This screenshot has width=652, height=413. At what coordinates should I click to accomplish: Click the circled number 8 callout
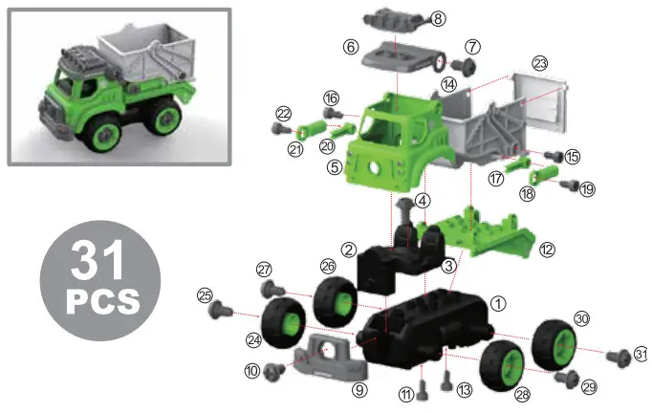438,18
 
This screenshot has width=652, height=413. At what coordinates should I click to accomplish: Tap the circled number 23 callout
540,63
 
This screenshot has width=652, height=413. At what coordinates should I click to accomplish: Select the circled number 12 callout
548,250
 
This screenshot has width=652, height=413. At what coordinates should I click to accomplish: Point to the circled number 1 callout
497,301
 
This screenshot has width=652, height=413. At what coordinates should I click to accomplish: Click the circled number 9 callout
359,389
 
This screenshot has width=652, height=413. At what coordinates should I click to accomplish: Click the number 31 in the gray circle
98,261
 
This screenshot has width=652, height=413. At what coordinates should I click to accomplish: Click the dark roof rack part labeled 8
393,18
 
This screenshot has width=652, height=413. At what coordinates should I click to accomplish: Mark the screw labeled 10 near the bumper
273,369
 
